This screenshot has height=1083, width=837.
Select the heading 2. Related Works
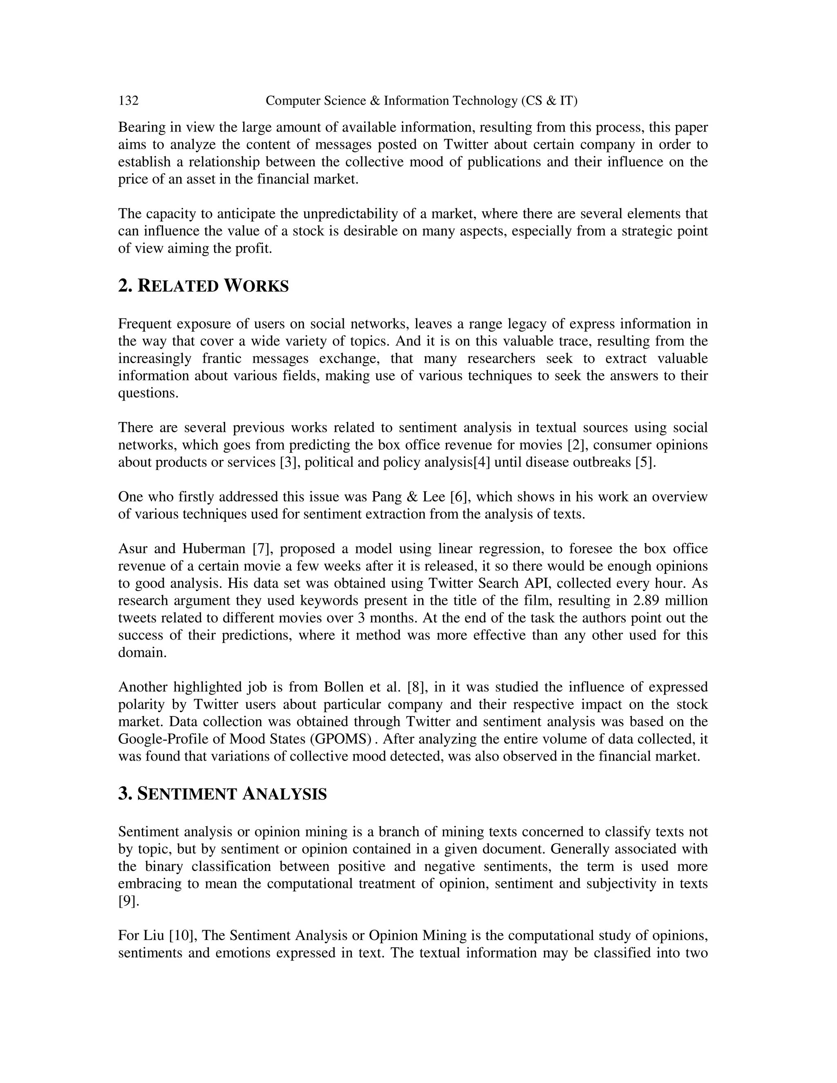(203, 286)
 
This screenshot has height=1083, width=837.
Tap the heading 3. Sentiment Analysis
(222, 794)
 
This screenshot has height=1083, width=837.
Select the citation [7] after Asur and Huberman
(261, 549)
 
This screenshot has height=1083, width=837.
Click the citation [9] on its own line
(128, 901)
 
